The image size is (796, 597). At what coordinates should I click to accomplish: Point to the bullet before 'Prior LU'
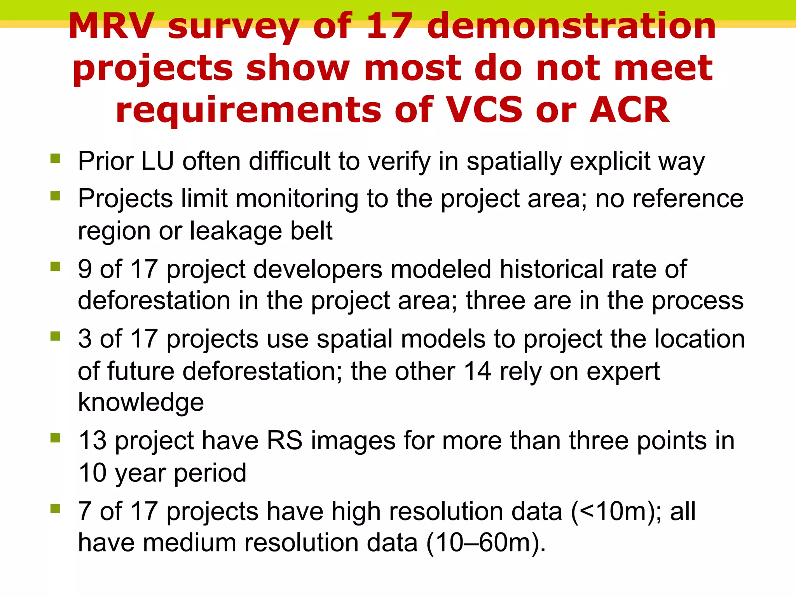55,158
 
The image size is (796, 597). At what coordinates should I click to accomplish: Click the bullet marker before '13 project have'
55,438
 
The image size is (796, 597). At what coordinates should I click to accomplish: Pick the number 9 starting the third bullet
85,269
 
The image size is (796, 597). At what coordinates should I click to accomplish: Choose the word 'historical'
551,269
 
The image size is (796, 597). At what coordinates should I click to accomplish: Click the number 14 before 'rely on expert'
477,371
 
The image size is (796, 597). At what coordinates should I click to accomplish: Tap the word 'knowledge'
141,403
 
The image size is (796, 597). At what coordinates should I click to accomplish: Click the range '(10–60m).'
486,543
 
